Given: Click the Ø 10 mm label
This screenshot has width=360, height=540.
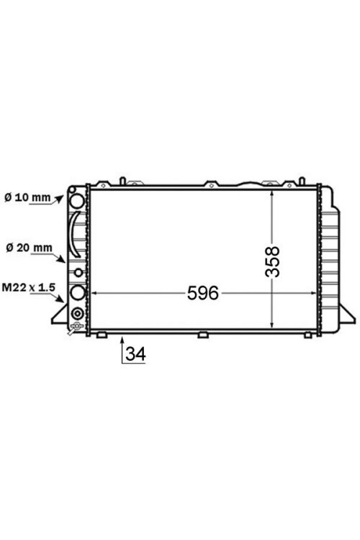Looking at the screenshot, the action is tap(27, 198).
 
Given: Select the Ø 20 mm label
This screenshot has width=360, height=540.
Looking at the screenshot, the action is tap(30, 248).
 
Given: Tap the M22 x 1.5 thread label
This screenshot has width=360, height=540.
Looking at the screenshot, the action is tap(28, 287).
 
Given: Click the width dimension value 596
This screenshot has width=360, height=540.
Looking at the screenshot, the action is tap(203, 294).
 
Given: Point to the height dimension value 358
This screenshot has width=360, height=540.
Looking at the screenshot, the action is tap(272, 261).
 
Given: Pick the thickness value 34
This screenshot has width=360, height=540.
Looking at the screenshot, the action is tap(135, 354).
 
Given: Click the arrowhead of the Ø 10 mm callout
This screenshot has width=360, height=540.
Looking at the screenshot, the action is tap(60, 199).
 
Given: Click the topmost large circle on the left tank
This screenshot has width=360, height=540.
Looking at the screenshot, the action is tap(77, 200).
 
